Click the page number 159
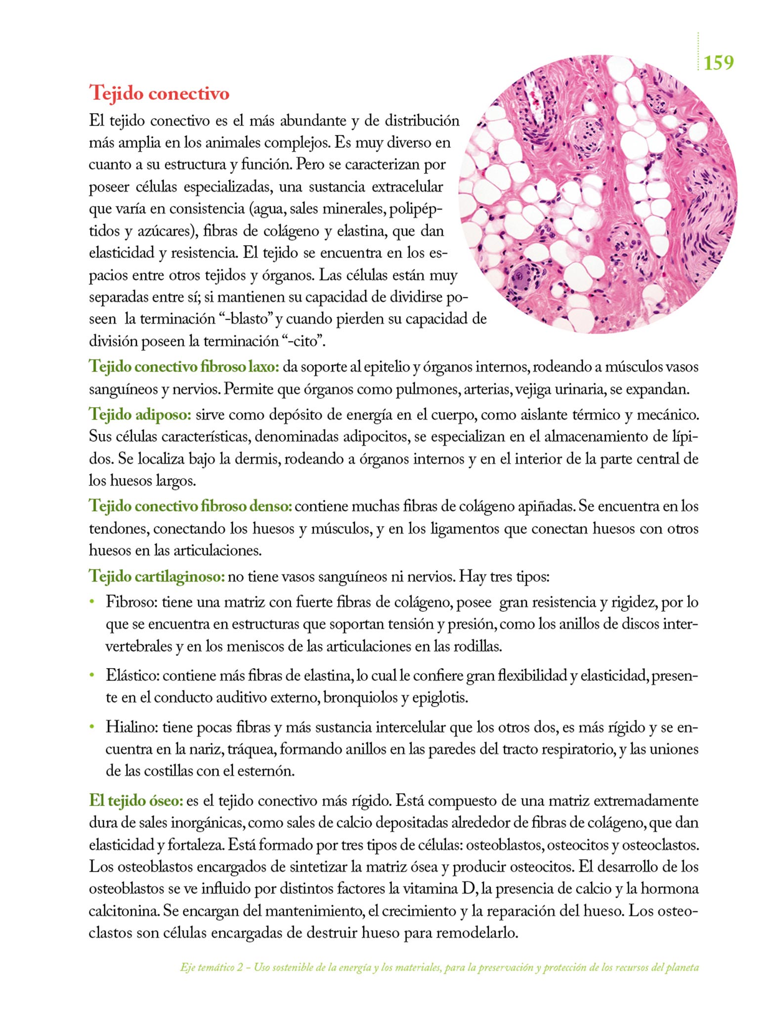[718, 63]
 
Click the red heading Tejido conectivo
[159, 93]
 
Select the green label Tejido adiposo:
[140, 415]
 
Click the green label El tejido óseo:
[136, 801]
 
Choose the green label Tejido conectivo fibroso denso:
[190, 506]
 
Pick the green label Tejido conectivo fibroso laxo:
[184, 367]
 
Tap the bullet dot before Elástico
[91, 675]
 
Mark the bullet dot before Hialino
[91, 727]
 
